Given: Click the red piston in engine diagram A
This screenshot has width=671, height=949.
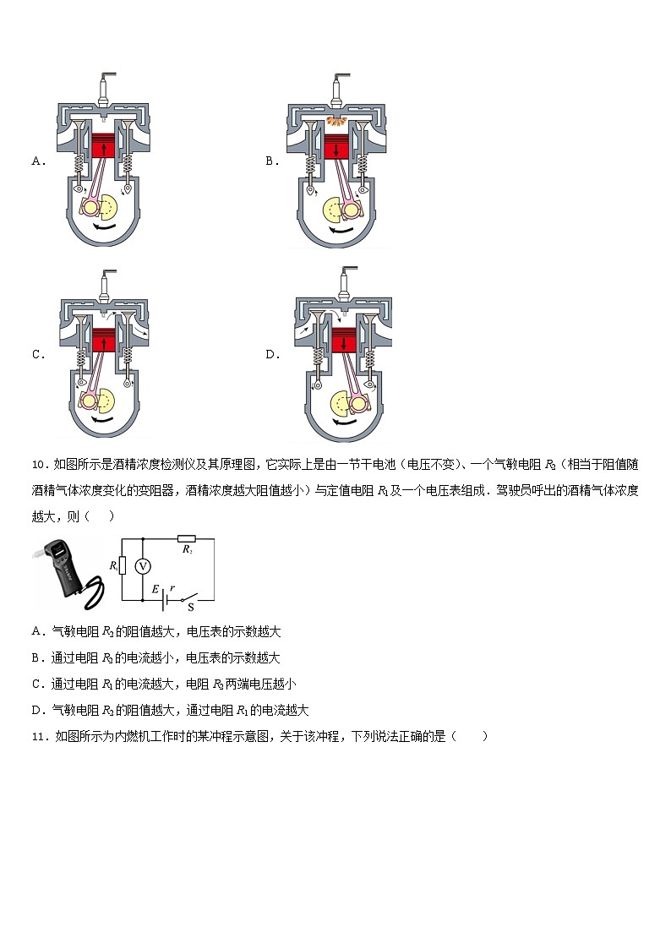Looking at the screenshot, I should (x=102, y=146).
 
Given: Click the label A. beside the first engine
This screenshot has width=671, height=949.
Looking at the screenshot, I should (x=38, y=161).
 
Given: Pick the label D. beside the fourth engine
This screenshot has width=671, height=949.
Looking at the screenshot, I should (x=272, y=355).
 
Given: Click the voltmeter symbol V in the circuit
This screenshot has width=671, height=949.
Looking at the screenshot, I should (x=144, y=564).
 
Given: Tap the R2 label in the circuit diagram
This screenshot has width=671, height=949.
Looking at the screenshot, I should (x=188, y=549).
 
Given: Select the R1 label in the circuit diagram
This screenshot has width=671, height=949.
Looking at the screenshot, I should (x=114, y=564).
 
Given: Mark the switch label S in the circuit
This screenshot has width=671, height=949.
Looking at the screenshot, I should (x=190, y=606).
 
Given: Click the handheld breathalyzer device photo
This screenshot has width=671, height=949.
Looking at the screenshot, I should (x=68, y=570).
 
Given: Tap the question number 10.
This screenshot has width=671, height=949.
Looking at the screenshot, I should (x=38, y=464).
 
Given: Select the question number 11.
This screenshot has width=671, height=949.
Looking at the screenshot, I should (x=38, y=736).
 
